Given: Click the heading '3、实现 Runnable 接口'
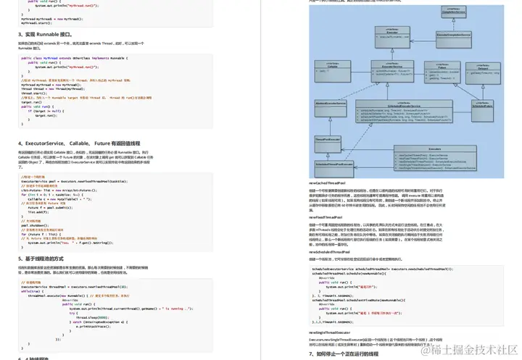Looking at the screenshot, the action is pyautogui.click(x=45, y=34).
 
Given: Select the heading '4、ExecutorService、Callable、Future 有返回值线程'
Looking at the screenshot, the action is pyautogui.click(x=80, y=143).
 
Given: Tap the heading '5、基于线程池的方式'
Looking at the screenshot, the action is pyautogui.click(x=48, y=258).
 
